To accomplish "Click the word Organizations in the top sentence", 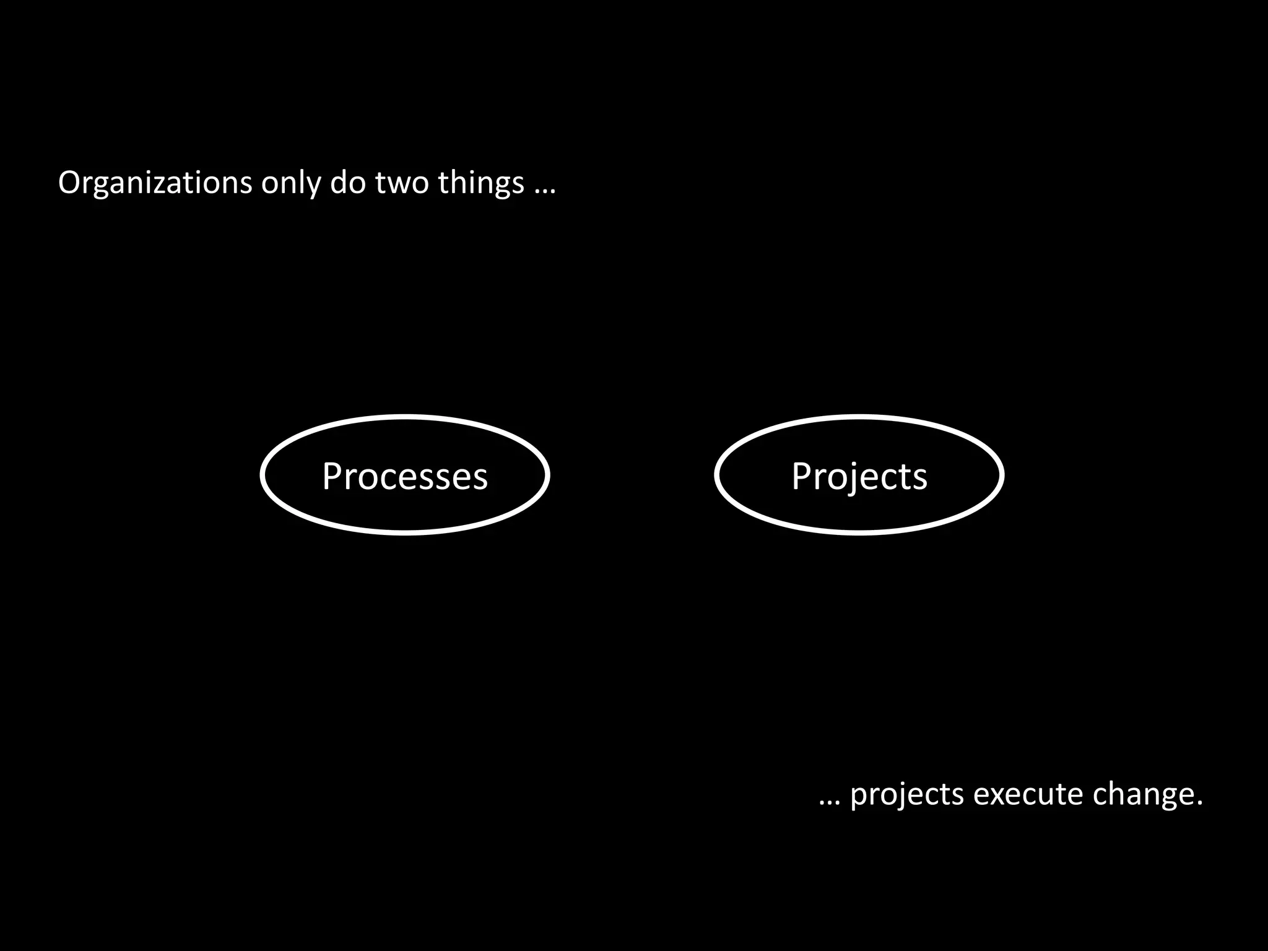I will tap(155, 183).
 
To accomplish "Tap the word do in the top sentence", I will tap(348, 183).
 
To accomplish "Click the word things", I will tap(482, 183).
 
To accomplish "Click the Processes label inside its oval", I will tap(405, 476).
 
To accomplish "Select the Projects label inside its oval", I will tap(859, 476).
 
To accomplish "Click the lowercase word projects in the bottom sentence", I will tap(907, 795).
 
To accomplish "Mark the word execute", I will tap(1028, 794).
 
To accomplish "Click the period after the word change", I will tap(1199, 803).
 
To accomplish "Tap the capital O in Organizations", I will tap(69, 183).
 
